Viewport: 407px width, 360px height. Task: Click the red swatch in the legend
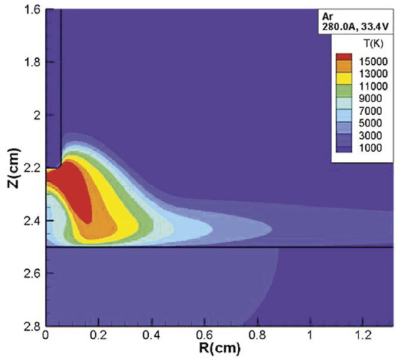(x=345, y=58)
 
